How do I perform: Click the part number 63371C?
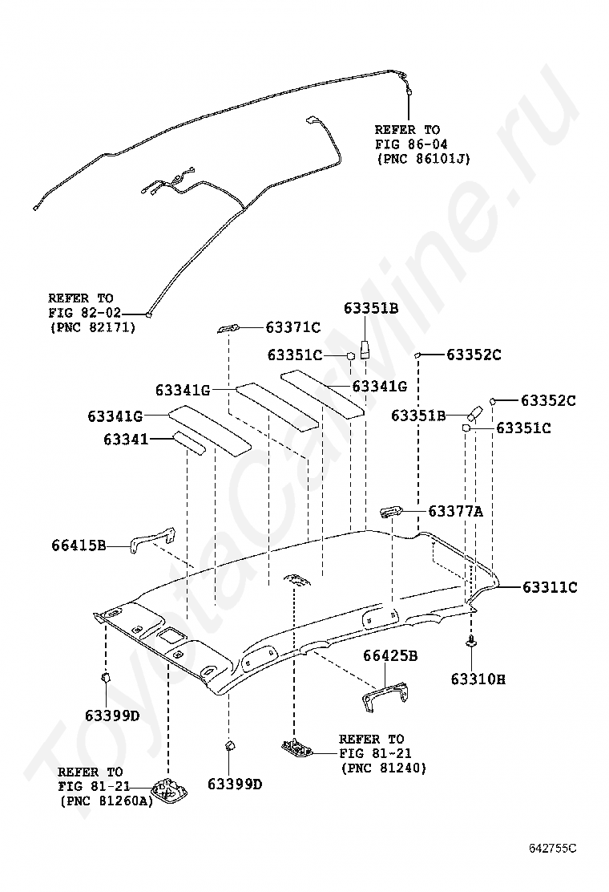pos(293,327)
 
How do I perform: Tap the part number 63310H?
pos(478,679)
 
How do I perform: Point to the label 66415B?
pos(79,546)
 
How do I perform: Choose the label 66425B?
pos(390,655)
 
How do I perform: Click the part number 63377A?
pos(455,511)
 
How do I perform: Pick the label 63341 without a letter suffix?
pos(126,439)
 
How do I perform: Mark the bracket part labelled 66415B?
pos(152,539)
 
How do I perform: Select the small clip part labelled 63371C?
pos(228,328)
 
